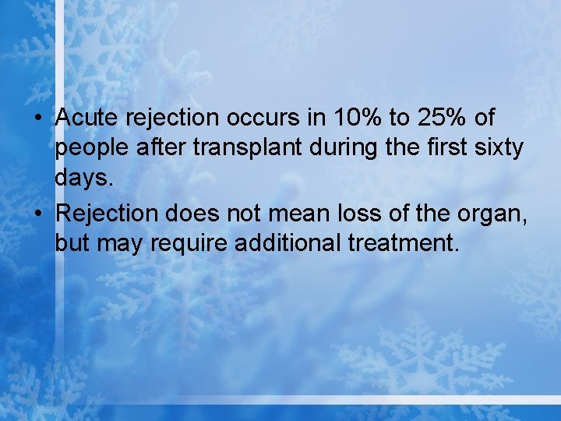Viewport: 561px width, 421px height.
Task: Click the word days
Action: (x=84, y=179)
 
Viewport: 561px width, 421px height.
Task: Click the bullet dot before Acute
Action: (x=38, y=119)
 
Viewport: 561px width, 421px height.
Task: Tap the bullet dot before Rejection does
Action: (x=38, y=213)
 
